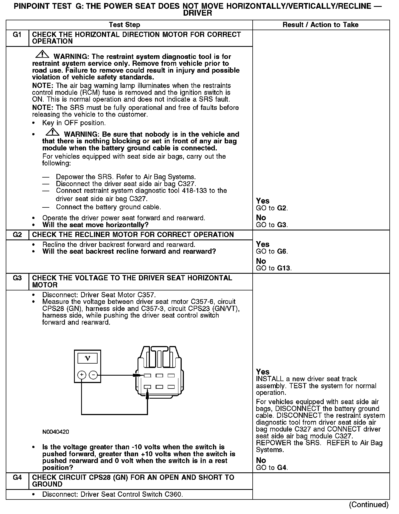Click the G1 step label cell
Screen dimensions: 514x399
point(17,35)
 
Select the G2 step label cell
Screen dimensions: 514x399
point(17,235)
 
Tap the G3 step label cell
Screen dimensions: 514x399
point(17,278)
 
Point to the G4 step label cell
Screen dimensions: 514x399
point(17,478)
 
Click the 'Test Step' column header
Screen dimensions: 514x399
point(124,25)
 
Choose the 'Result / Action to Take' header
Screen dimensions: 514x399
point(320,25)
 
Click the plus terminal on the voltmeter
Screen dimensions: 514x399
point(82,375)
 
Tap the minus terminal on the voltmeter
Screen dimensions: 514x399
point(93,375)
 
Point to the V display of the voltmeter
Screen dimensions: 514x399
point(87,358)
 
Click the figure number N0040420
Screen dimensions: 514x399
point(56,432)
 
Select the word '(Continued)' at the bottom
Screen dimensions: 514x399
point(369,505)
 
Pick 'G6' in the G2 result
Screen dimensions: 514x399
point(282,251)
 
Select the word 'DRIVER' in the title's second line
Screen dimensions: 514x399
point(197,13)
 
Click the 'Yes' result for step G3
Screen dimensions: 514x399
point(263,372)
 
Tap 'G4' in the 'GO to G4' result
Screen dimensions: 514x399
point(282,467)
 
